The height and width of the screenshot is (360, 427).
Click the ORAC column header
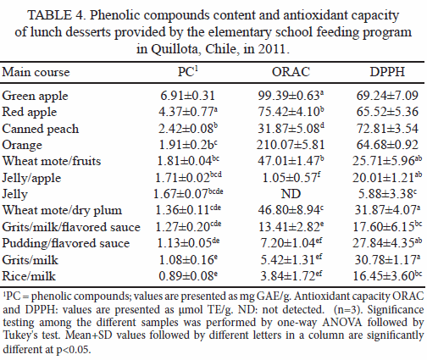pos(291,72)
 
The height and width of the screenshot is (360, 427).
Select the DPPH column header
pos(387,72)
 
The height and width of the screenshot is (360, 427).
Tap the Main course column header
pos(36,72)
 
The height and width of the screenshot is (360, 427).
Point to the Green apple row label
pos(35,97)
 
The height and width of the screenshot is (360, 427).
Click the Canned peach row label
pos(41,129)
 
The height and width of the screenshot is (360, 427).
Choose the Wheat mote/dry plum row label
pos(62,210)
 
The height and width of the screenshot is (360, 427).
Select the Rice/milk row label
pos(29,276)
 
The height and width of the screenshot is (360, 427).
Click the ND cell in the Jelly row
pos(291,194)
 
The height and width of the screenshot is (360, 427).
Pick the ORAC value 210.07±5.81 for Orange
pos(291,145)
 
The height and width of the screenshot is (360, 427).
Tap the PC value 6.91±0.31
pos(187,96)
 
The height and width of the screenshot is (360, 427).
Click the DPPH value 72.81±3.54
pos(387,129)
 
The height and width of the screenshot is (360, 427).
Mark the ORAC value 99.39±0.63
pos(291,96)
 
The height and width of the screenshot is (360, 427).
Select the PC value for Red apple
pos(188,112)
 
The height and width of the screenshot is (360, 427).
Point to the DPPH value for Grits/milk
pos(387,259)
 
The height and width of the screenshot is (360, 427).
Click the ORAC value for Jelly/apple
pos(291,178)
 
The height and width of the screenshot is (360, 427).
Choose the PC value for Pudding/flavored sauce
pos(188,243)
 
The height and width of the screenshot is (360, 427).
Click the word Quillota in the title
pos(175,49)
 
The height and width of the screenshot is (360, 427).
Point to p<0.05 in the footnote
pos(73,350)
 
